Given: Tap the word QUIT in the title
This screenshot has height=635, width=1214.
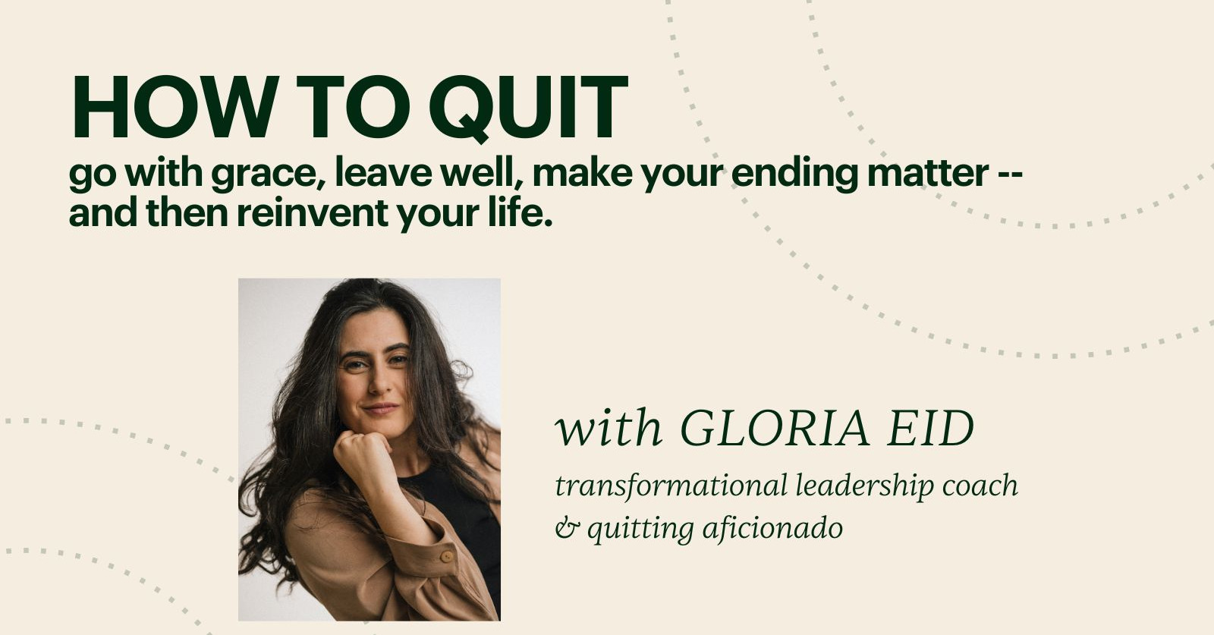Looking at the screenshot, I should point(528,108).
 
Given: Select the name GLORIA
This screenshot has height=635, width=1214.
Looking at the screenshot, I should point(775,429).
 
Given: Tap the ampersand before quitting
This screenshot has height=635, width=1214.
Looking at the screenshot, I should point(566,529).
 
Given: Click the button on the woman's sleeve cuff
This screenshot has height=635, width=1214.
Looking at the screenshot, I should point(447,557).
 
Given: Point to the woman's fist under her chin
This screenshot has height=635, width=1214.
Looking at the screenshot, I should point(363,449).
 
